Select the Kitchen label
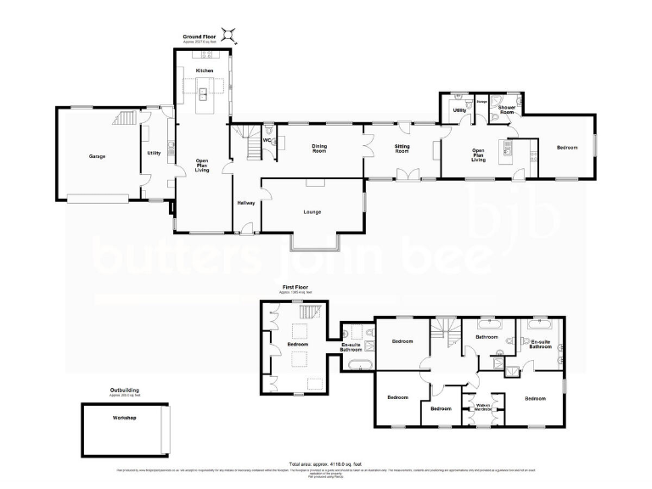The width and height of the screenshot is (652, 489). [x=204, y=70]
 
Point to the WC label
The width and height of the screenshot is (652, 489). [x=267, y=140]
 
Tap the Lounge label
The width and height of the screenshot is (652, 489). [x=311, y=212]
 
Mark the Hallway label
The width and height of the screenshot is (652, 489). [x=245, y=204]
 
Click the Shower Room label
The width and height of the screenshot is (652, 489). [x=508, y=110]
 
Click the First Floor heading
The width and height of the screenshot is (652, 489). [x=294, y=288]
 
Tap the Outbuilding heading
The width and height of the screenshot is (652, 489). [x=125, y=391]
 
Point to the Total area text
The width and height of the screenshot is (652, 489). [x=325, y=464]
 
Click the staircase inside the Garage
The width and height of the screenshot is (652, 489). [x=125, y=118]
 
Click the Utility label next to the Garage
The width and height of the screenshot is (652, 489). [x=154, y=154]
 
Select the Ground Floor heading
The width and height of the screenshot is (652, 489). [x=200, y=37]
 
